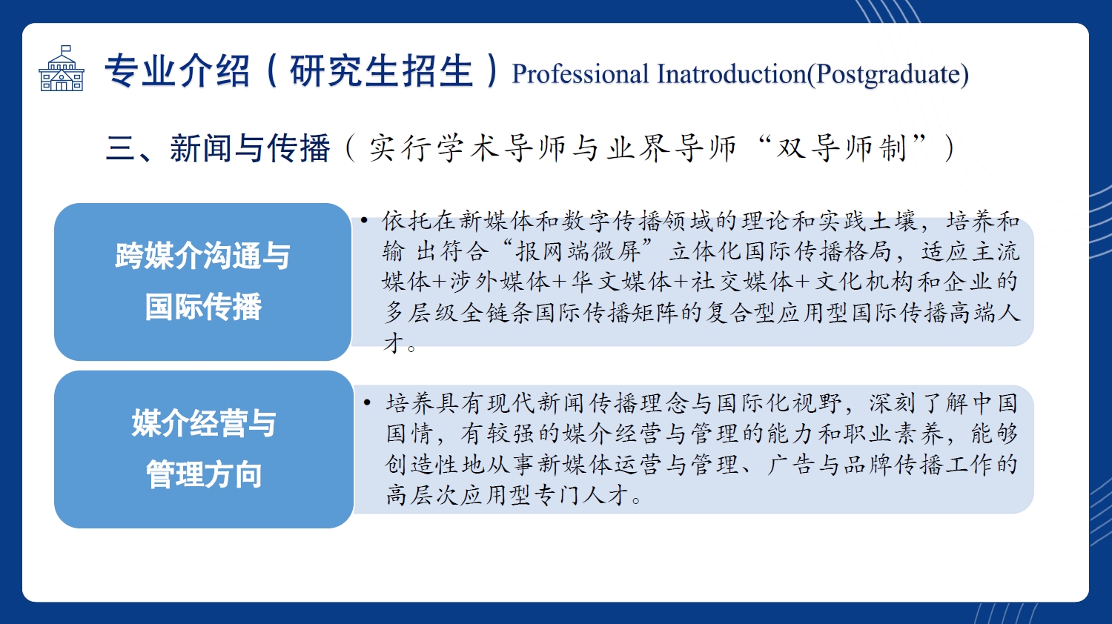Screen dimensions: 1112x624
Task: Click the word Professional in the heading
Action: pyautogui.click(x=580, y=74)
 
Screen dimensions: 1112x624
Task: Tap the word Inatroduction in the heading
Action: pyautogui.click(x=731, y=74)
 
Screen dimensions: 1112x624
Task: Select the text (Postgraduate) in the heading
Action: pyautogui.click(x=887, y=75)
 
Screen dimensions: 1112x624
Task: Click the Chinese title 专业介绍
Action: pyautogui.click(x=177, y=70)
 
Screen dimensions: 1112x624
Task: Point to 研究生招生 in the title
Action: pyautogui.click(x=381, y=70)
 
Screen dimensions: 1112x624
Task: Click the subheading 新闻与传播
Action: pyautogui.click(x=251, y=148)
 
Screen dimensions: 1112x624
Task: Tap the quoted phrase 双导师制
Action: pyautogui.click(x=842, y=148)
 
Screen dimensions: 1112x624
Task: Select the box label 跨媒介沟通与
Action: pyautogui.click(x=202, y=256)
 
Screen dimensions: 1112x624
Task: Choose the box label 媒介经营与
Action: pyautogui.click(x=204, y=423)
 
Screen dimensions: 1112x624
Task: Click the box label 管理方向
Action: pyautogui.click(x=204, y=474)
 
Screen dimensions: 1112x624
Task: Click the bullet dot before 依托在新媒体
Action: pyautogui.click(x=365, y=220)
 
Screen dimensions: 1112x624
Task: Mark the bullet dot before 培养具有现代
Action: pyautogui.click(x=367, y=402)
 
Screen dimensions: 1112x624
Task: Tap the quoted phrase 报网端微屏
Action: pyautogui.click(x=579, y=251)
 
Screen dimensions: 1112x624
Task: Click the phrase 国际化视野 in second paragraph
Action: pyautogui.click(x=779, y=403)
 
